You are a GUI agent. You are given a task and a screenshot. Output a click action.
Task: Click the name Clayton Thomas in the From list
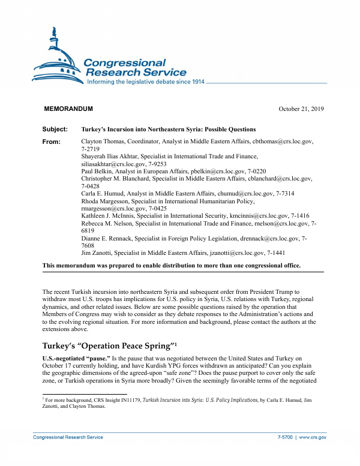click(x=101, y=142)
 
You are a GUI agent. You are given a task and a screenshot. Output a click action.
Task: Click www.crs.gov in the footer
click(x=313, y=437)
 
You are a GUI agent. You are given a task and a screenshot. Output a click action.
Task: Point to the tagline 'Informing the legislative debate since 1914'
click(x=146, y=81)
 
